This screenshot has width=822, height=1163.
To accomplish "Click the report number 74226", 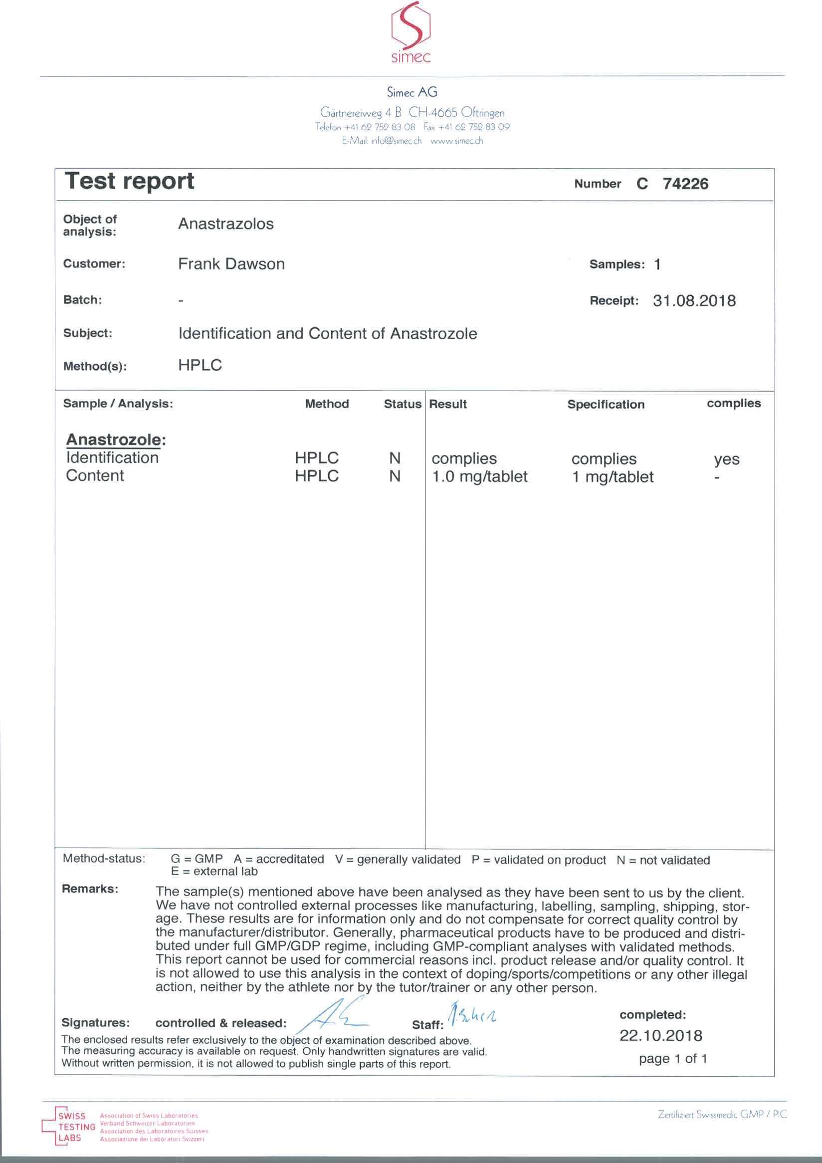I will (685, 184).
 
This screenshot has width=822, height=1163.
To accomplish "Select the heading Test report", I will (130, 181).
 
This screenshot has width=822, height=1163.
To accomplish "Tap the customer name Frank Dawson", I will (231, 264).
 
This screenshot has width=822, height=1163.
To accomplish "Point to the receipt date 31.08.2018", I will (694, 301).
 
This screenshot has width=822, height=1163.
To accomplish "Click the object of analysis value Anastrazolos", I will (226, 224).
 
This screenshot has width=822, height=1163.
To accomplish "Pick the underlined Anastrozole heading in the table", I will (116, 439).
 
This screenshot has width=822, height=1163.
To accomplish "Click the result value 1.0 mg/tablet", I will (479, 476).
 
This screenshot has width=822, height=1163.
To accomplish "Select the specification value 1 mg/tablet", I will (613, 476).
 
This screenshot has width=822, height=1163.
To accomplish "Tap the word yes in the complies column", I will (726, 460).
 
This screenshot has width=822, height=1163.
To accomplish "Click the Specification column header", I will (606, 404).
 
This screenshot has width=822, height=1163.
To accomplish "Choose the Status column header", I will (402, 404).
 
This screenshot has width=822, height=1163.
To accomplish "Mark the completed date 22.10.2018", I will (660, 1035).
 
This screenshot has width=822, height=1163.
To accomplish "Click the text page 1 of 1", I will (672, 1058).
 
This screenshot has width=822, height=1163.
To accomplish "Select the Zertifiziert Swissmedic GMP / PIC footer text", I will (722, 1114).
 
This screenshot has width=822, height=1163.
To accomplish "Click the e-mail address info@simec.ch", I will (396, 141).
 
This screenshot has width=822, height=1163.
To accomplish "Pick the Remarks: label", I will (90, 889).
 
